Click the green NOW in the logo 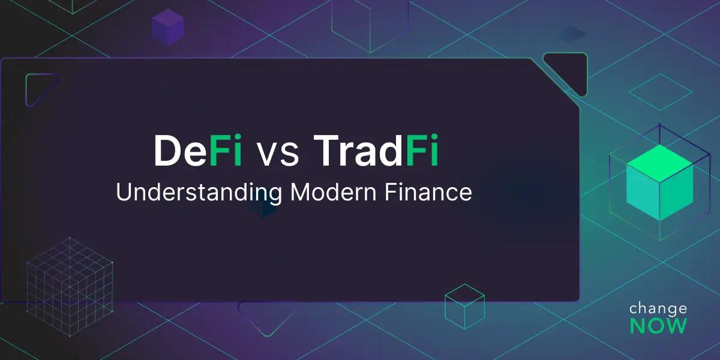tap(658, 326)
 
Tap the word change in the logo tap(658, 308)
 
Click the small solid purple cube tap(167, 26)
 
